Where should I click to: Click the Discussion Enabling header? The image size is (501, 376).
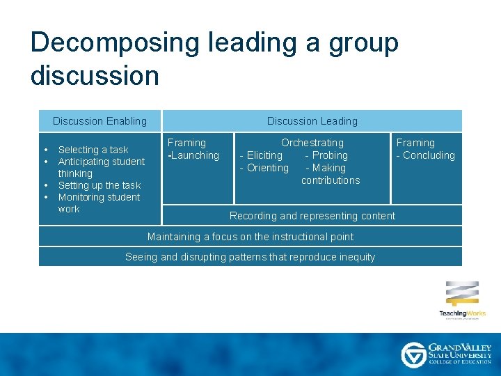(x=100, y=121)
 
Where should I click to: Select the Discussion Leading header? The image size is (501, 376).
(x=312, y=121)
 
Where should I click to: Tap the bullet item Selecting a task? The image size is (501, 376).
(x=93, y=150)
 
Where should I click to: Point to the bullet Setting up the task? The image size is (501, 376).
(x=99, y=185)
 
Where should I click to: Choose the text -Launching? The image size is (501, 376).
(x=193, y=155)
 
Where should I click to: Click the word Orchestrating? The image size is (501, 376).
(x=312, y=143)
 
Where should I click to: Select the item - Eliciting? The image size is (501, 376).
(x=261, y=155)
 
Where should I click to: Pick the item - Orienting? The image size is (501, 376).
(x=264, y=168)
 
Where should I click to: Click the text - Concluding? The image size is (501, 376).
(x=425, y=155)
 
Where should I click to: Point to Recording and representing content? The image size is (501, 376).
(x=312, y=216)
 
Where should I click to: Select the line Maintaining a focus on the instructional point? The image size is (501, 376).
(x=250, y=237)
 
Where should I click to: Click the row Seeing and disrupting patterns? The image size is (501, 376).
(x=250, y=257)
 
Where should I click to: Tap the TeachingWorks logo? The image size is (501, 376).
(x=462, y=299)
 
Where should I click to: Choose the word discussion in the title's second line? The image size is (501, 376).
(x=95, y=75)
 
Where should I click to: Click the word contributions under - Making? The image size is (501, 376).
(x=331, y=180)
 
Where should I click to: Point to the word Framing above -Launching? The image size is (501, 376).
(x=186, y=143)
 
